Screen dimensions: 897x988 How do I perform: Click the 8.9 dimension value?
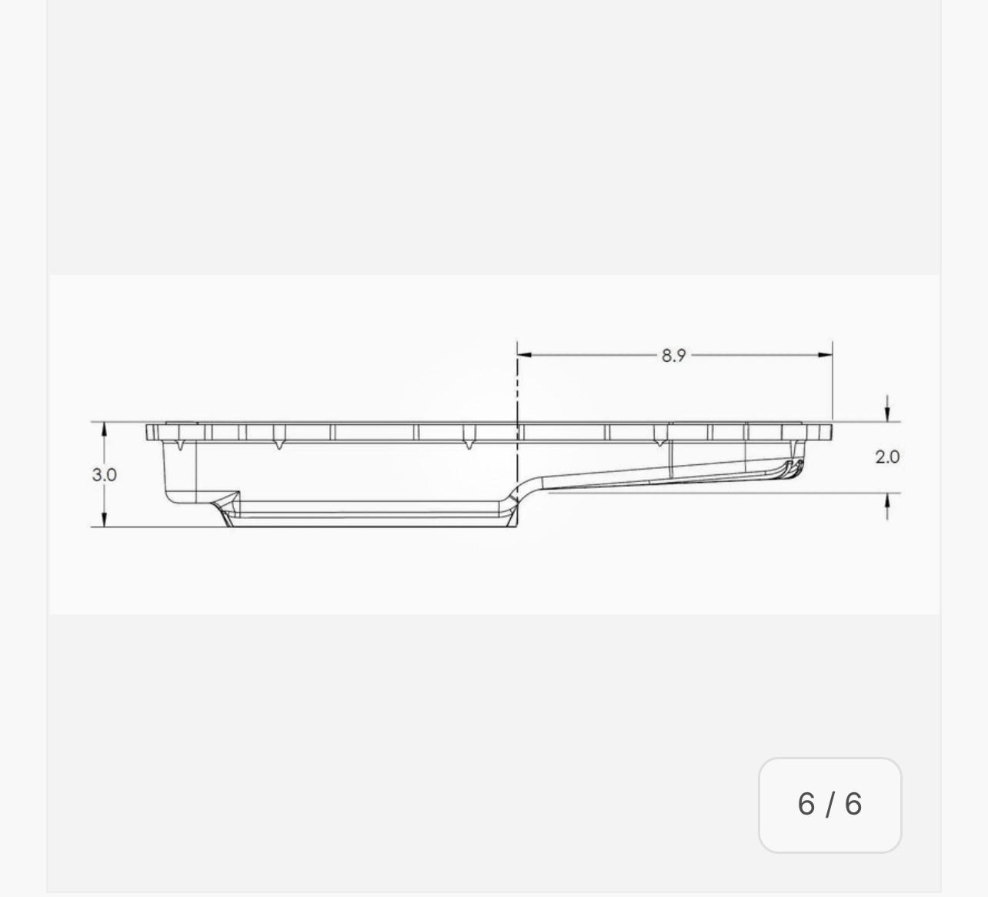[673, 355]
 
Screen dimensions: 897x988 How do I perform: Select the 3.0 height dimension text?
[104, 474]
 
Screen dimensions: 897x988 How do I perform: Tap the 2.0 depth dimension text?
[886, 457]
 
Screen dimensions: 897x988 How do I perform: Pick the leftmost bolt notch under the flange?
[179, 444]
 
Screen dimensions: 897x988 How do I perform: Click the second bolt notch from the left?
[279, 444]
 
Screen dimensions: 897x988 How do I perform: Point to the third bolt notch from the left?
[468, 444]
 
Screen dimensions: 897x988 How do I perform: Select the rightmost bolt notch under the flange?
[659, 442]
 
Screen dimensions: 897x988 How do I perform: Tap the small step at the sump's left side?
[232, 497]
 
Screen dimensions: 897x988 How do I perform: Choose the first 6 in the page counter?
[806, 805]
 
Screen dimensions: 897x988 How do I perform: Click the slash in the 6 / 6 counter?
[829, 805]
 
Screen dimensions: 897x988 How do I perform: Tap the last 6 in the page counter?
[853, 805]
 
